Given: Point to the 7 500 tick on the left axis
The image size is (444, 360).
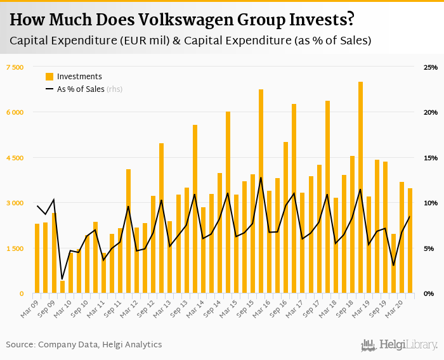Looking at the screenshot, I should (x=15, y=67).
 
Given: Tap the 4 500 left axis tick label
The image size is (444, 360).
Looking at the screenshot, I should (x=15, y=158).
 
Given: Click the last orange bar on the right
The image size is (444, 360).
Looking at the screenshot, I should (x=410, y=241).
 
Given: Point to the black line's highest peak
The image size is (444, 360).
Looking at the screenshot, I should (x=261, y=177).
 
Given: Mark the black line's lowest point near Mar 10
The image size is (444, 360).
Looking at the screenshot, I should (x=62, y=279).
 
